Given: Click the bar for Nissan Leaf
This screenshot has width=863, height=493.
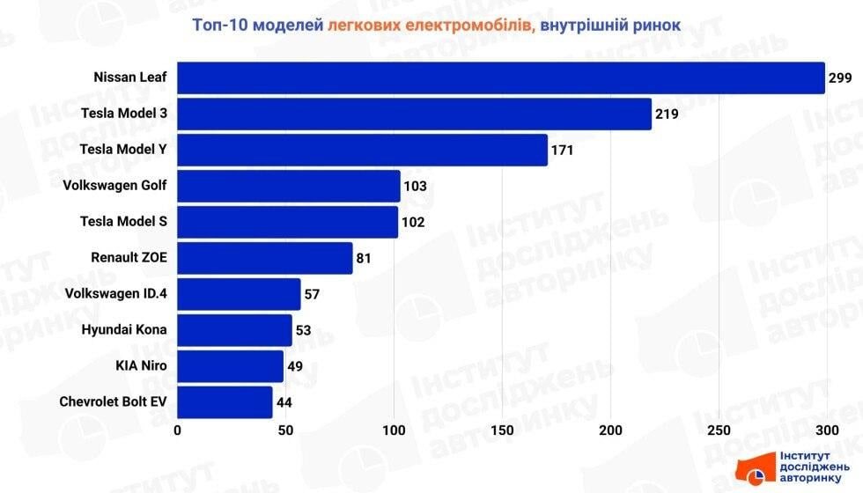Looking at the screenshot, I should [x=500, y=77].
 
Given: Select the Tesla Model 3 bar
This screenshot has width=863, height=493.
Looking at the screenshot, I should [x=414, y=114].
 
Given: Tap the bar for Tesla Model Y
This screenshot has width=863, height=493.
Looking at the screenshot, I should [x=362, y=150].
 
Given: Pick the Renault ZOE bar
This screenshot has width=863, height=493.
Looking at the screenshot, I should [x=264, y=258].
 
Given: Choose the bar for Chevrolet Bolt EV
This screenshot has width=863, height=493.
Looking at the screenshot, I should [x=225, y=402].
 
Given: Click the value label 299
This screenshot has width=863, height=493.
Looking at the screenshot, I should [x=840, y=78].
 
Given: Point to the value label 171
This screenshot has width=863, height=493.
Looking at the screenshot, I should [x=562, y=151].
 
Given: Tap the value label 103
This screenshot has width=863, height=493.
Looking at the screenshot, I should [x=415, y=187].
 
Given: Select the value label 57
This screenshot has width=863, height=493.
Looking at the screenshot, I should [x=312, y=294].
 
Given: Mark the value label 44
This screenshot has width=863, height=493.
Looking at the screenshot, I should [x=284, y=403].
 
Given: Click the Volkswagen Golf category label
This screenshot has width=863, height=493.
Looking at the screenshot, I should [x=114, y=186].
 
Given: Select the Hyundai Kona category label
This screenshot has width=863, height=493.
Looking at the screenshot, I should [x=123, y=330].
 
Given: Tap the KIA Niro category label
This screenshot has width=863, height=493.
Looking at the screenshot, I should [x=141, y=366].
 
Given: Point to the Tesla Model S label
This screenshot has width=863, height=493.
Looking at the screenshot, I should [x=122, y=222].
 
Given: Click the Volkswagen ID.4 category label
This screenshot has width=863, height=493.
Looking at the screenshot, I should [x=115, y=294].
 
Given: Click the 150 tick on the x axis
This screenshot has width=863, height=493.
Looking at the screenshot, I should [x=502, y=430].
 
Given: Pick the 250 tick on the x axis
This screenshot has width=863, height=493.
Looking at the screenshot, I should [x=719, y=430].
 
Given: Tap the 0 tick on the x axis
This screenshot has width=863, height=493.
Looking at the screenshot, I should [x=178, y=430].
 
